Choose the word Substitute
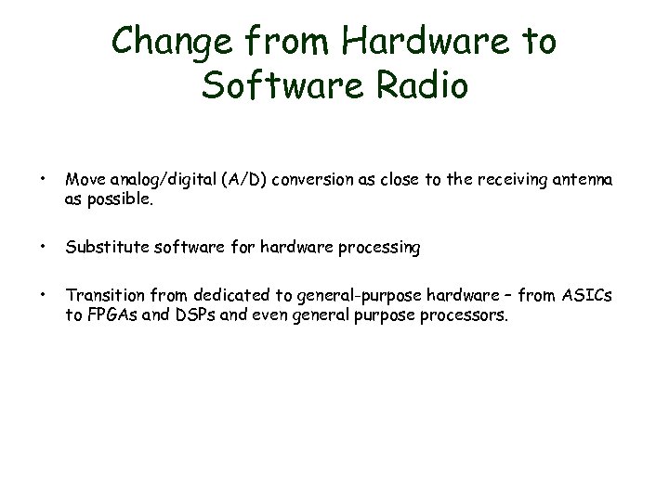[x=99, y=248]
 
